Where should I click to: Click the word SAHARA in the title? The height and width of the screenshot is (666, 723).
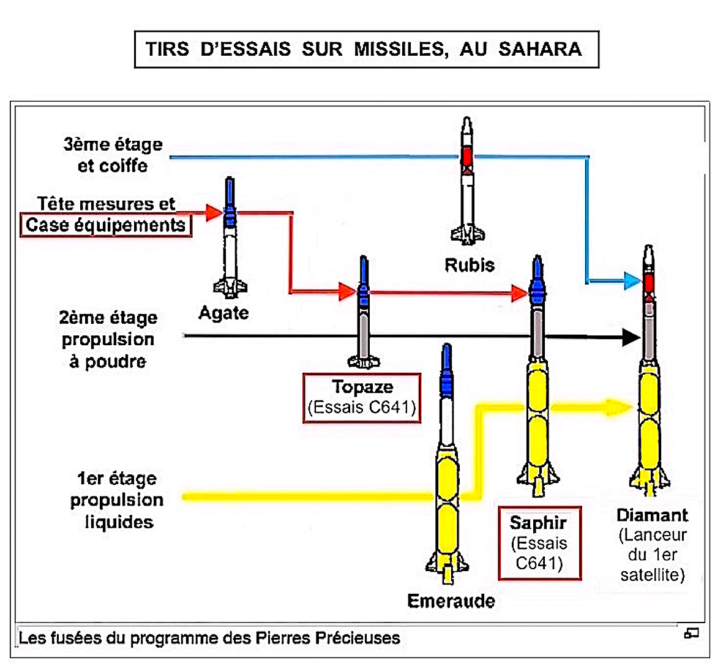tap(540, 49)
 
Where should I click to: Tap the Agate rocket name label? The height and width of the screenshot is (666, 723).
tap(223, 313)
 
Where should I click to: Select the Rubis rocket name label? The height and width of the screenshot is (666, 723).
tap(470, 265)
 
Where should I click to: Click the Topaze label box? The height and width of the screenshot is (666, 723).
tap(362, 397)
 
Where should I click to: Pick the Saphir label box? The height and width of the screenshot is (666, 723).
tap(539, 542)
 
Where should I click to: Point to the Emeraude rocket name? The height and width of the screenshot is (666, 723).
tap(451, 601)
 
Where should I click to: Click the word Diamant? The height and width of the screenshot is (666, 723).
tap(652, 515)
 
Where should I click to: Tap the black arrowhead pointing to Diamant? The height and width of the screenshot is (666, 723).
tap(631, 337)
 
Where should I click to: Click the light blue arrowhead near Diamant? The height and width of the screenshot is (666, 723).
tap(632, 281)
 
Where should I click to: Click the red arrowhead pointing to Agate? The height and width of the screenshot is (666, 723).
tap(214, 212)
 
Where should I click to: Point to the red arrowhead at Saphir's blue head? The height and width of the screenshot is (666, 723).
tap(520, 294)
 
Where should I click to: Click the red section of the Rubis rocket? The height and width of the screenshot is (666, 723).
tap(468, 156)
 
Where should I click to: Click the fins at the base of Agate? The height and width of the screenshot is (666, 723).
tap(230, 287)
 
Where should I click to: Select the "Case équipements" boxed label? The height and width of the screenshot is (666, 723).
tap(105, 225)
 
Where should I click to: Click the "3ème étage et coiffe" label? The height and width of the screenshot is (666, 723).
tap(113, 155)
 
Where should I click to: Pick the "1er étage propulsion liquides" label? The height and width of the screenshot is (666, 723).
tap(116, 500)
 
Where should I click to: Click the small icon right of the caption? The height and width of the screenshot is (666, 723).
tap(691, 633)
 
